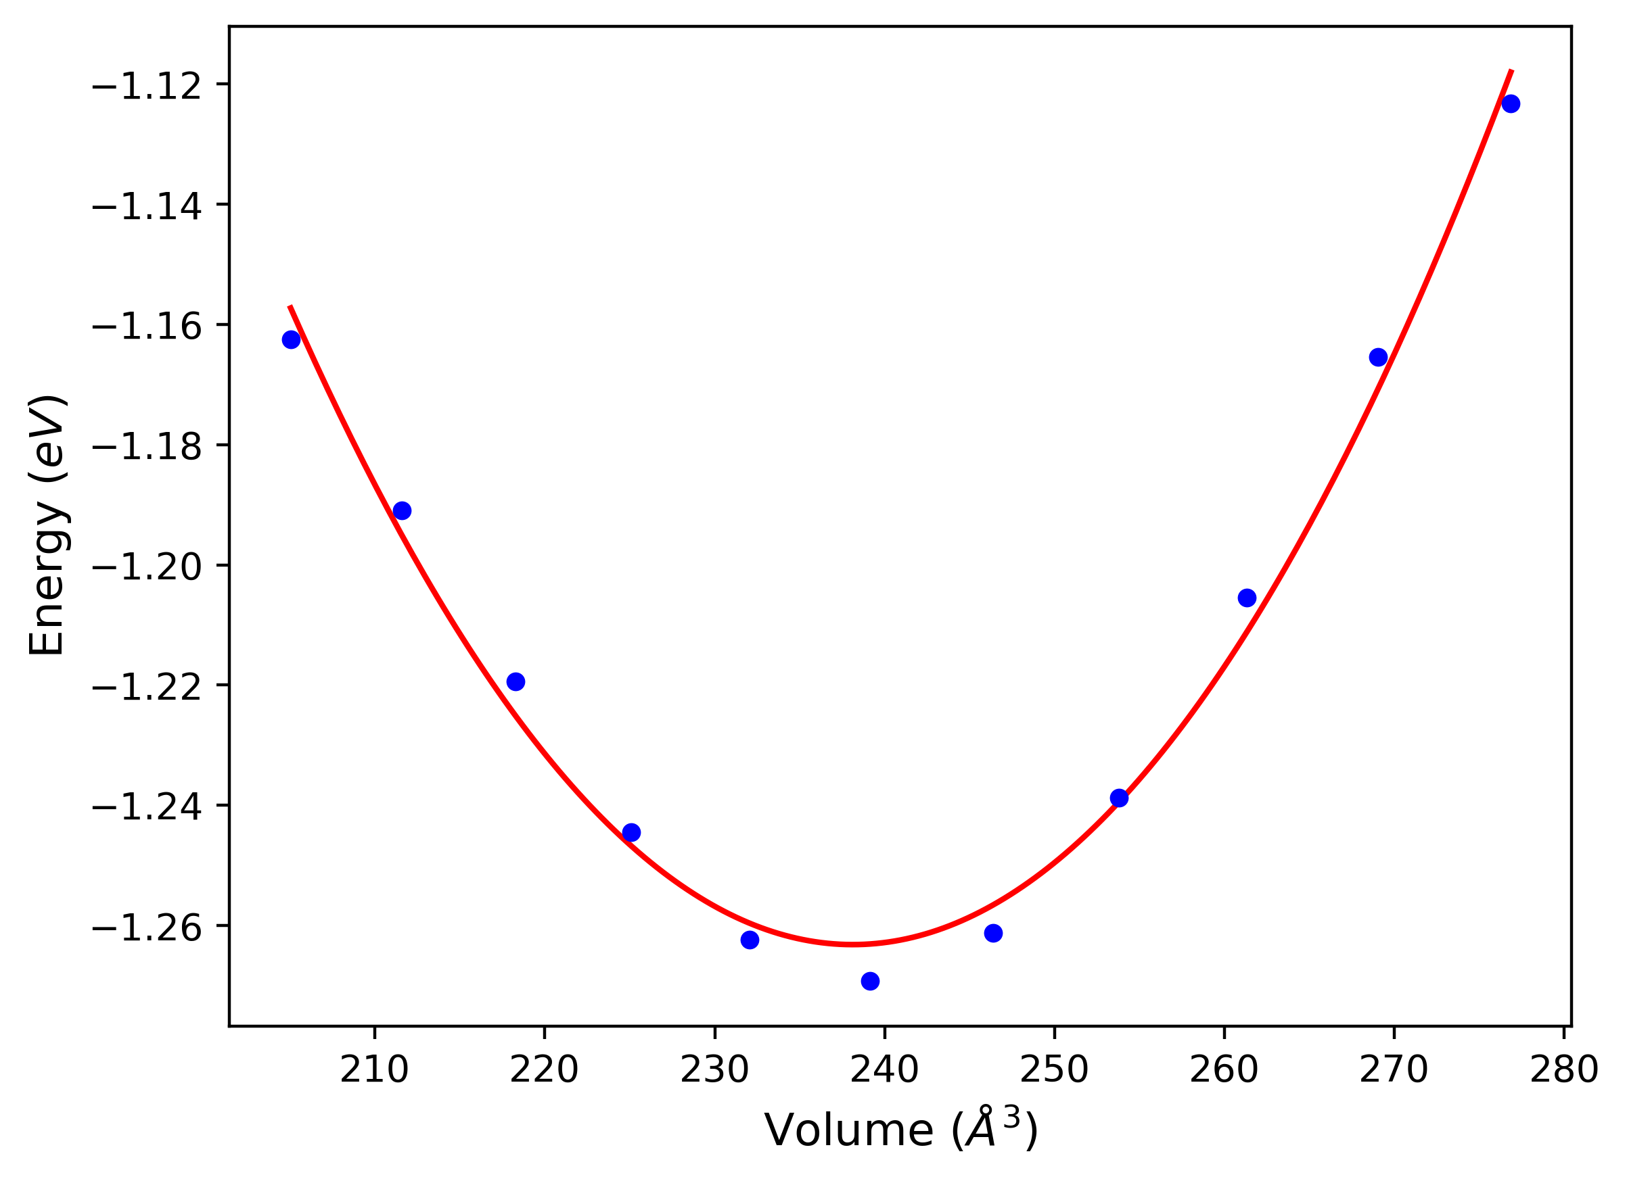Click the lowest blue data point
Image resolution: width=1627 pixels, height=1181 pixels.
(x=870, y=981)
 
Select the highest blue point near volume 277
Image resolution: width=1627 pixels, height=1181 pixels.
(x=1511, y=104)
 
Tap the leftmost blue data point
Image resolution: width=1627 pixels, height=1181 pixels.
(x=292, y=340)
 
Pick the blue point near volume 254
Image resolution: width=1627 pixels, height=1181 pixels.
(x=1119, y=798)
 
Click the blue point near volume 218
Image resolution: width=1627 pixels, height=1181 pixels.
(x=515, y=681)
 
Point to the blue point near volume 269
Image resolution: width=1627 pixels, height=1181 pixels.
(x=1379, y=357)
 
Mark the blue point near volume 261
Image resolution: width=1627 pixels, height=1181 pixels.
(x=1247, y=598)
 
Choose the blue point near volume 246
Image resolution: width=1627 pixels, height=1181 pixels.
(x=994, y=933)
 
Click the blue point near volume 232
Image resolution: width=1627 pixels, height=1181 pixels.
(x=750, y=940)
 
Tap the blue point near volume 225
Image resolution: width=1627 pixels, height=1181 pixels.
(x=631, y=832)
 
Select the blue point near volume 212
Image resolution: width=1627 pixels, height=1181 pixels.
(x=403, y=510)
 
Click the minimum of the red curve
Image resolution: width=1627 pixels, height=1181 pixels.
(x=853, y=944)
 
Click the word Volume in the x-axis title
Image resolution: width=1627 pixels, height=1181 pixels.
(x=848, y=1132)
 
